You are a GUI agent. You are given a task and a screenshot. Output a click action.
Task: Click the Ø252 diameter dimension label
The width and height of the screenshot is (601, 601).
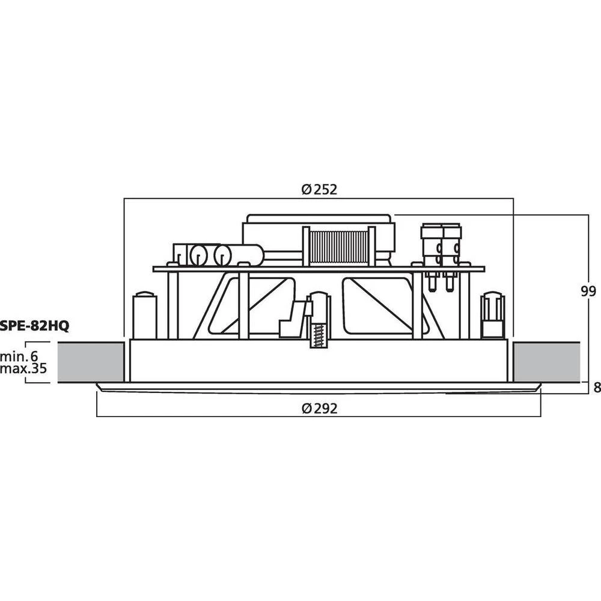[x=319, y=189]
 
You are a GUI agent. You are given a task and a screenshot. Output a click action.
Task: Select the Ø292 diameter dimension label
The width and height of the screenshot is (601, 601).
[x=319, y=409]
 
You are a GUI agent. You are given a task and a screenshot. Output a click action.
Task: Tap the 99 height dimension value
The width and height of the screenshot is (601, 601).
[x=588, y=291]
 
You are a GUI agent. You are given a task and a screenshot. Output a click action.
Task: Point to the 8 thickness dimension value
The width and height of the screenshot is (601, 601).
[x=597, y=388]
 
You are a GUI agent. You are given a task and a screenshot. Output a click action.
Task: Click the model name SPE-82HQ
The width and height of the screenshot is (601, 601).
[x=34, y=326]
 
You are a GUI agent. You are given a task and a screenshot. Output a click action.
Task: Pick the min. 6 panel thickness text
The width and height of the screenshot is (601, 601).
[x=19, y=356]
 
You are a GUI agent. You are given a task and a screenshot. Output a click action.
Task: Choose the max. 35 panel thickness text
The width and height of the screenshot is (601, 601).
[x=23, y=368]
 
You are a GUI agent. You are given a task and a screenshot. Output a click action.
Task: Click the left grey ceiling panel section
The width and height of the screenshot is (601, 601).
[x=91, y=362]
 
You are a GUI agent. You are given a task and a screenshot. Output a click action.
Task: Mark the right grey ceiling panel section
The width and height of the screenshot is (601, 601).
[x=546, y=362]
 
